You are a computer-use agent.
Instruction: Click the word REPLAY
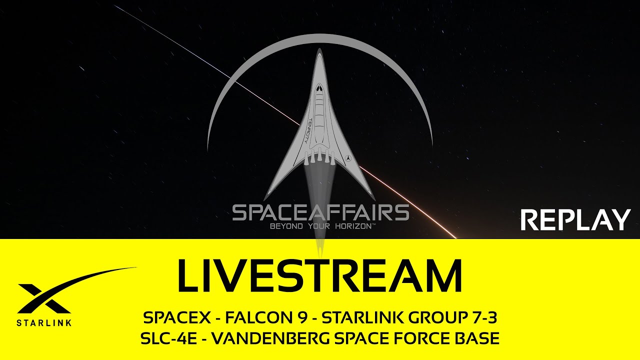575,220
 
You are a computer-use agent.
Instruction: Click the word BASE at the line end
478,338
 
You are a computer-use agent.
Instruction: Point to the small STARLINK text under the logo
44,322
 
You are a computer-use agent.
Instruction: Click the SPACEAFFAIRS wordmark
320,213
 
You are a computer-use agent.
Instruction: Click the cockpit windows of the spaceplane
319,91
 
